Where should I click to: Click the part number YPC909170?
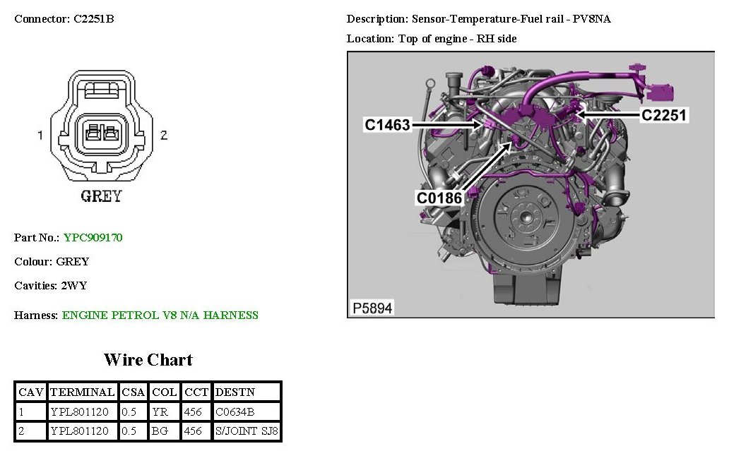93,238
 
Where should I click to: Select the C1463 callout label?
387,125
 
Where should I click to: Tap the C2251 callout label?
663,114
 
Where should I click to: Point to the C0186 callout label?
439,198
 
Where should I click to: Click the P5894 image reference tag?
372,308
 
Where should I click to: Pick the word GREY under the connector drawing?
101,196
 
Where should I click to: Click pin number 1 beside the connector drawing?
41,136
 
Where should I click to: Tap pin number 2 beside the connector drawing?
164,136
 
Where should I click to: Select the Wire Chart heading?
148,359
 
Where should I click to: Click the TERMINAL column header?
83,392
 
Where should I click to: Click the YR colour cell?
159,411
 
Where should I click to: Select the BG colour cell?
160,431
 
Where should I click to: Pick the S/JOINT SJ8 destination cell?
247,431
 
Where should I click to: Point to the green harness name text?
160,315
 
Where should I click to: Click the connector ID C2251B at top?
94,19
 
